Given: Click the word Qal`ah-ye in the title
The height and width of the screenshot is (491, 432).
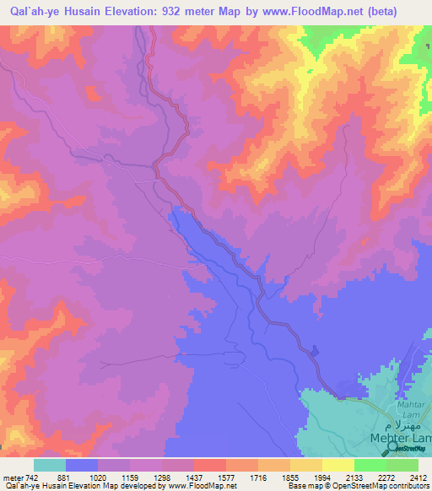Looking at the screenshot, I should point(30,12).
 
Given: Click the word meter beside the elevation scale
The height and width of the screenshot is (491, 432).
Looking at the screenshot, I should point(13,478).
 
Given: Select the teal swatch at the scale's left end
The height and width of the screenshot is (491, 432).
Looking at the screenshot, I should point(50,465).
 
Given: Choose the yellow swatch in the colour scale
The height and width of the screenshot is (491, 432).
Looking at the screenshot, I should point(338,465).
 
